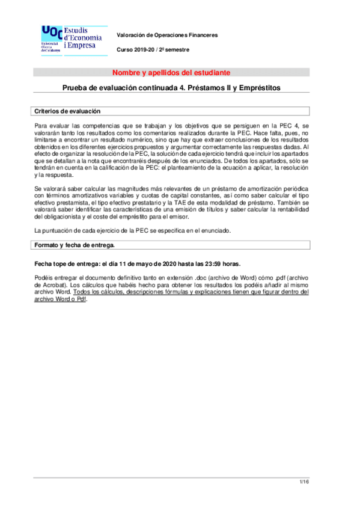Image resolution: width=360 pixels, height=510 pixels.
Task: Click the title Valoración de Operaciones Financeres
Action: (166, 35)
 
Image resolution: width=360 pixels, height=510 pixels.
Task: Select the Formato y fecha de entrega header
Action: (75, 245)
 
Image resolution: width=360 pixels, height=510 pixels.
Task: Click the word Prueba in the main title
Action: (76, 88)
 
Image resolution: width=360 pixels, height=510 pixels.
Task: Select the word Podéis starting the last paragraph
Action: (45, 277)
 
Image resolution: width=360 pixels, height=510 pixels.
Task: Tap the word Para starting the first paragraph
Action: (41, 124)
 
